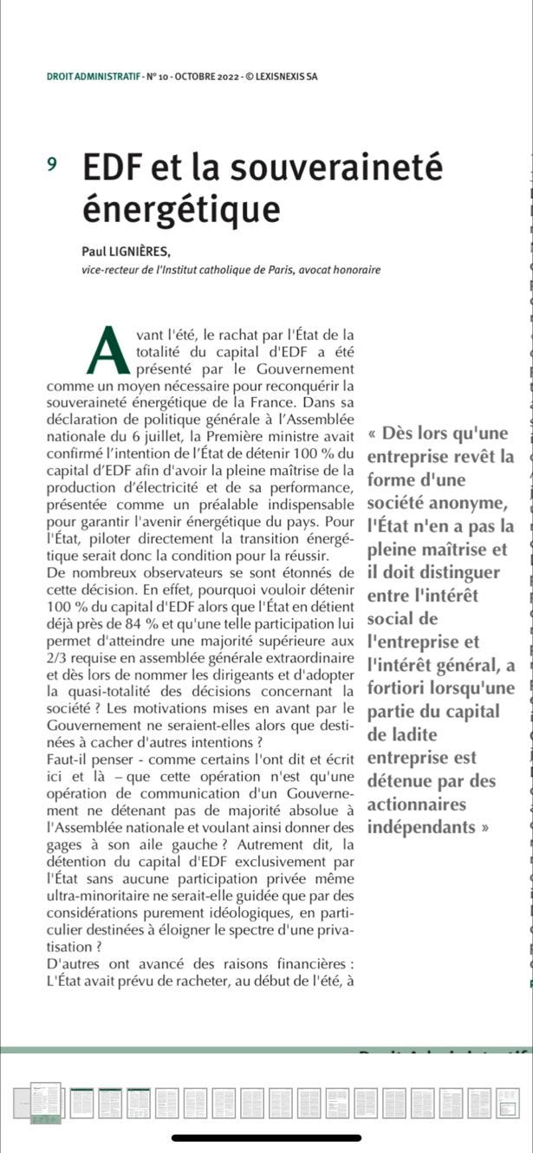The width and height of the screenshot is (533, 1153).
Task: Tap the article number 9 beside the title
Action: (53, 163)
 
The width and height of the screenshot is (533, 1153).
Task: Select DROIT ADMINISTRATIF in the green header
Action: (93, 76)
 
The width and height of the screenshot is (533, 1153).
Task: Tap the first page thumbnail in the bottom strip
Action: (45, 1101)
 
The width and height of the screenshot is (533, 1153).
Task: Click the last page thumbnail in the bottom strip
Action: (508, 1101)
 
